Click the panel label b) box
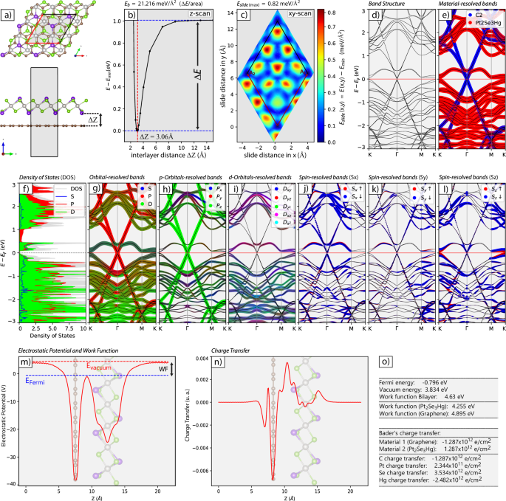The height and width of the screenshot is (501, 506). pos(132,14)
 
